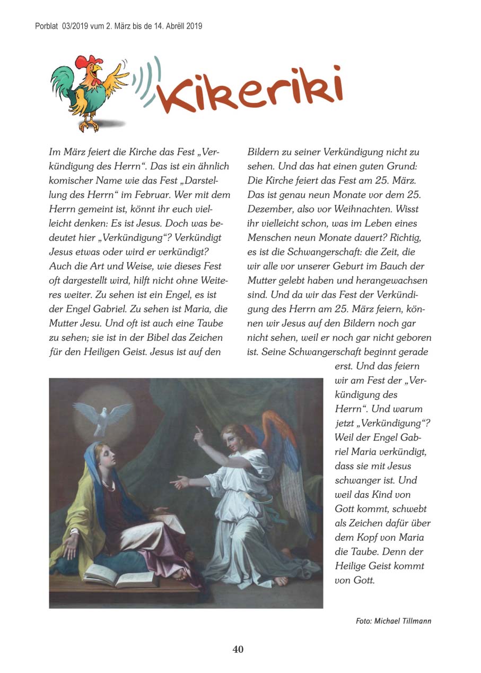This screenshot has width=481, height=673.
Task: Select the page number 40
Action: [238, 649]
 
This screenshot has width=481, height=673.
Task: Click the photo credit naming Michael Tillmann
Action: [393, 620]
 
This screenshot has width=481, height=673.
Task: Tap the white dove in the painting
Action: [103, 416]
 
